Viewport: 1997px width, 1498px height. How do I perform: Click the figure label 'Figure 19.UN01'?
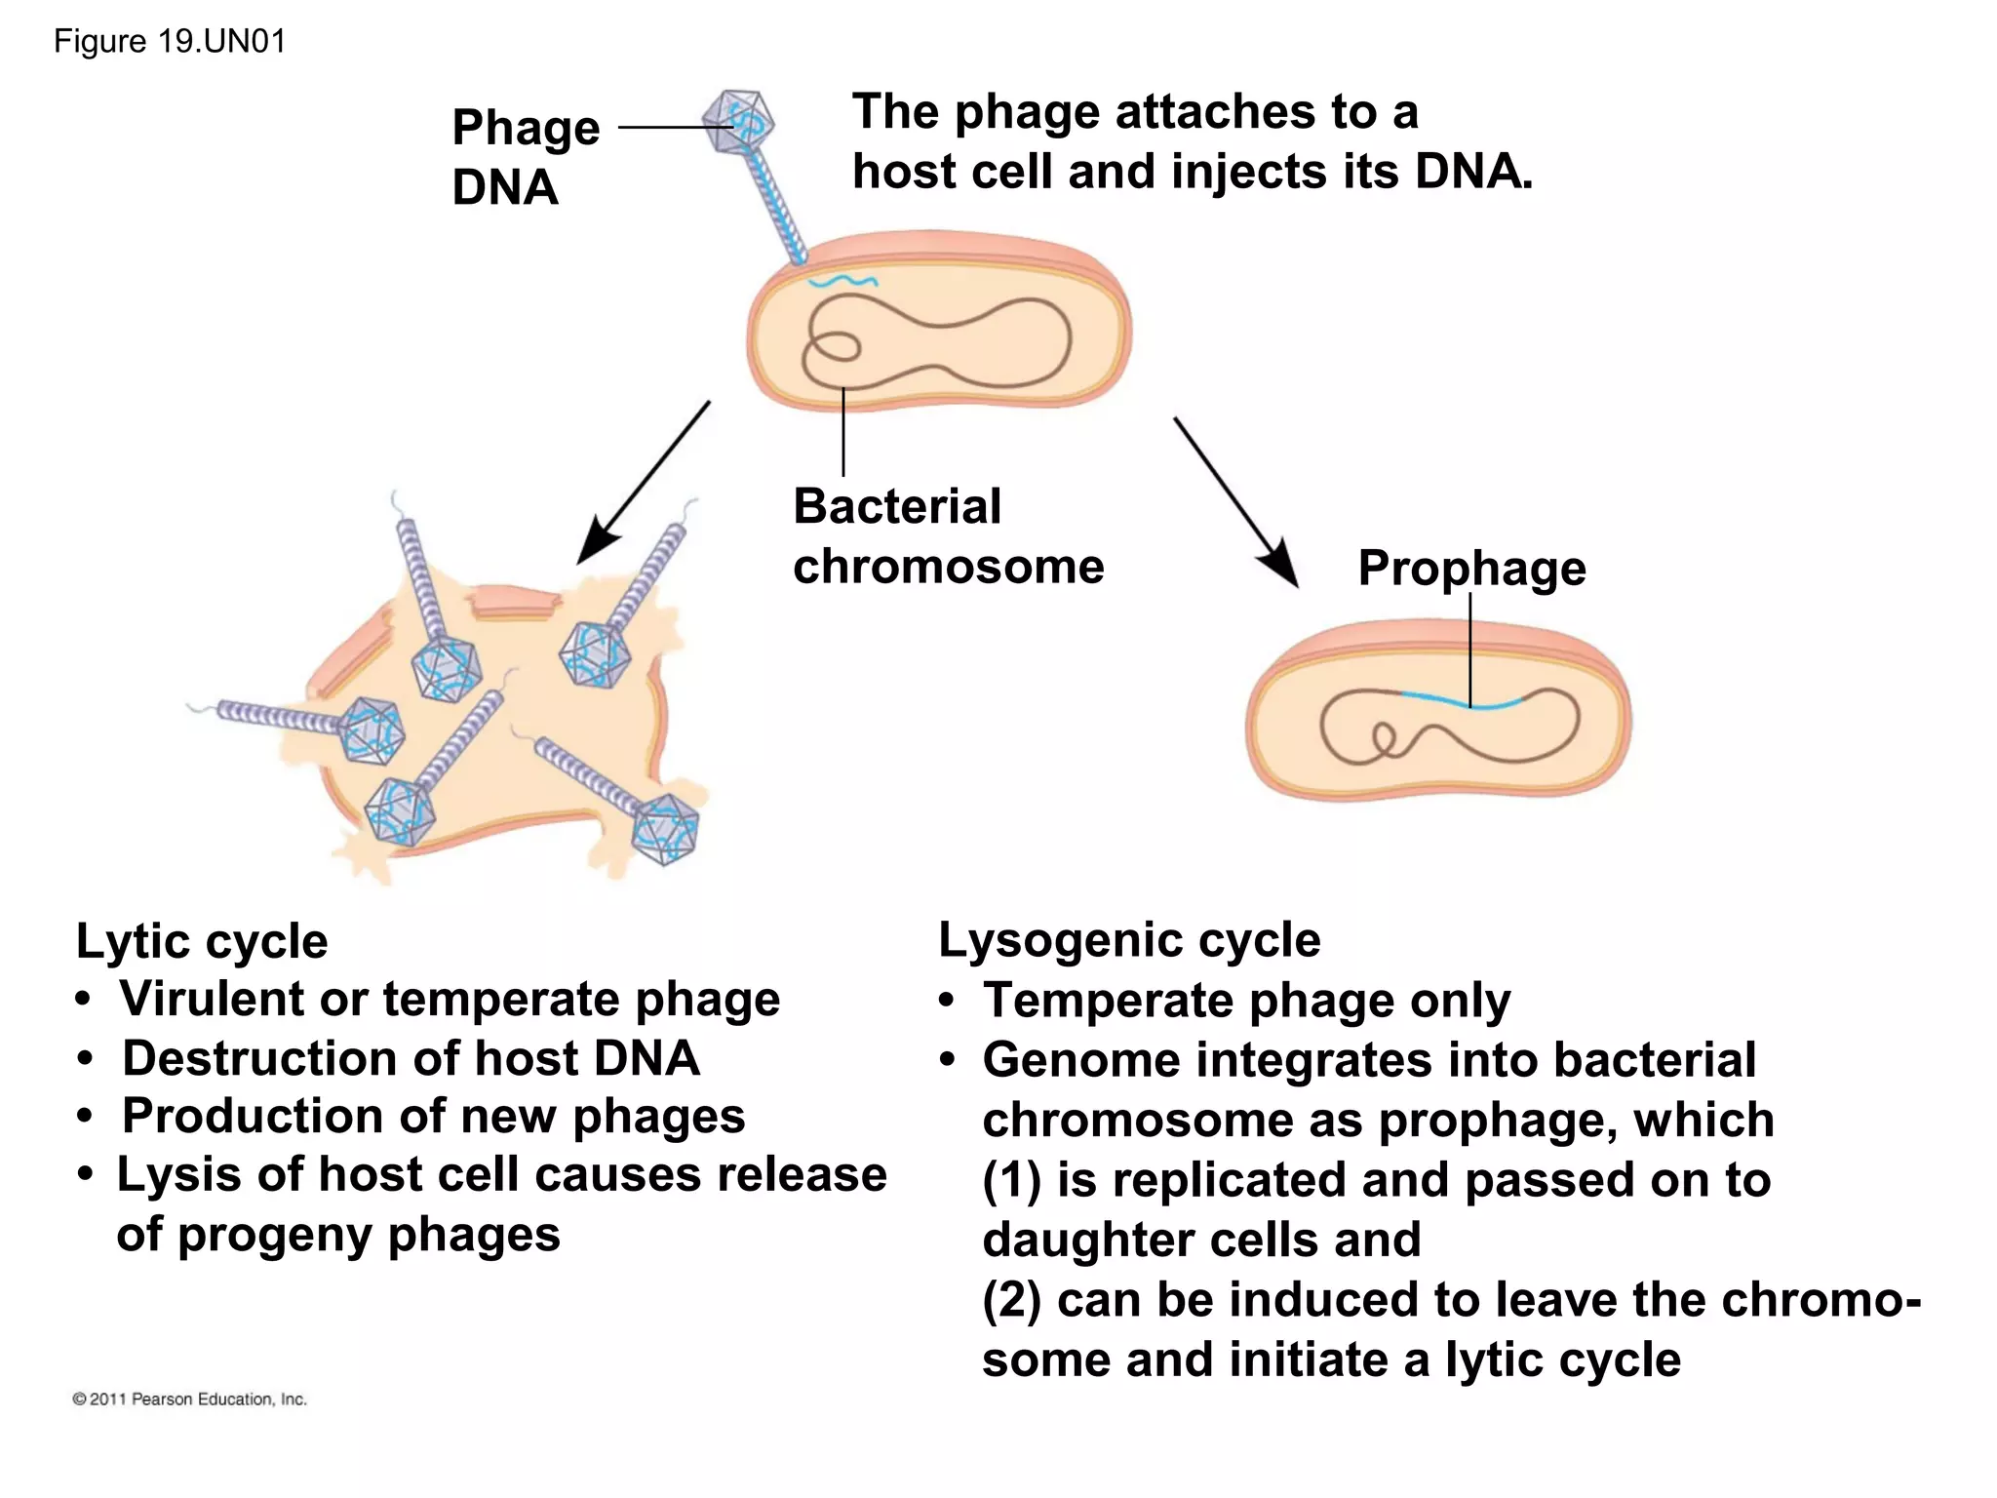170,42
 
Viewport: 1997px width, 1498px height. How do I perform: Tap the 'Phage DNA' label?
525,157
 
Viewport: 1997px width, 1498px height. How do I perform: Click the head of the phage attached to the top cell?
739,123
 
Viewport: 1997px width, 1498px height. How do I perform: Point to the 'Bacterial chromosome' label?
947,536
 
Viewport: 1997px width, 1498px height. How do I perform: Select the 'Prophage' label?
1471,568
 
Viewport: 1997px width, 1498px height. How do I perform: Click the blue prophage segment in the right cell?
1463,701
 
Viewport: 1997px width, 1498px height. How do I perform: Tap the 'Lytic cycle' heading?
202,941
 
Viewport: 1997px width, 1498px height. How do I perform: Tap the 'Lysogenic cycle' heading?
1129,940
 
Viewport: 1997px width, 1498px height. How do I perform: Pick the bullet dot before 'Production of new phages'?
87,1117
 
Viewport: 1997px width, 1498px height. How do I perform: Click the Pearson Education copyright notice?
190,1399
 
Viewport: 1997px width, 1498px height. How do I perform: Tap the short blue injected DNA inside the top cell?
842,282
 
